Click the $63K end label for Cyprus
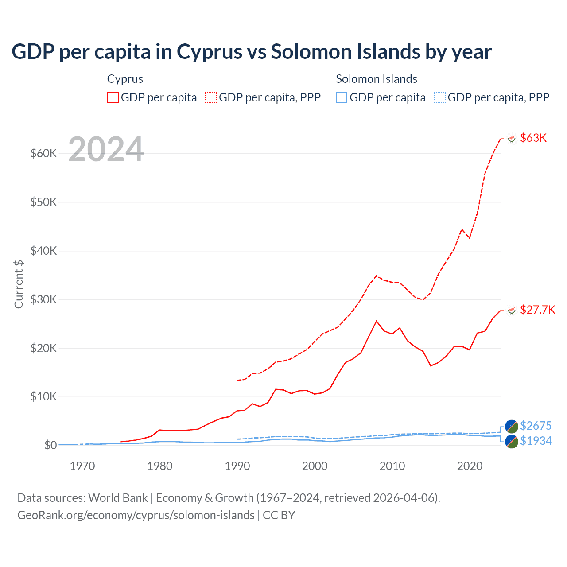tap(533, 138)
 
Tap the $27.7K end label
tap(537, 310)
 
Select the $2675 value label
tap(536, 426)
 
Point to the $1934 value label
tap(536, 441)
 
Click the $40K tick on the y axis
tap(44, 251)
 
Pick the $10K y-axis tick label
tap(44, 397)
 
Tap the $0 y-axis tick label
tap(50, 445)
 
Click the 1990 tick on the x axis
tap(237, 466)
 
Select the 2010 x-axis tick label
tap(392, 466)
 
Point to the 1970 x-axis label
tap(82, 466)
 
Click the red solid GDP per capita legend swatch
tap(113, 97)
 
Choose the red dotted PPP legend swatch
tap(211, 97)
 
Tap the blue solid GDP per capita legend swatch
tap(342, 97)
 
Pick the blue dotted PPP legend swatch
tap(440, 97)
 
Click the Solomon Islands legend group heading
tap(376, 79)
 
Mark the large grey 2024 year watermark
tap(106, 149)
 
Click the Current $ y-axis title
tap(19, 284)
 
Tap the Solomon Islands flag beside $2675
tap(512, 426)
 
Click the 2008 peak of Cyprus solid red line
tap(377, 321)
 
